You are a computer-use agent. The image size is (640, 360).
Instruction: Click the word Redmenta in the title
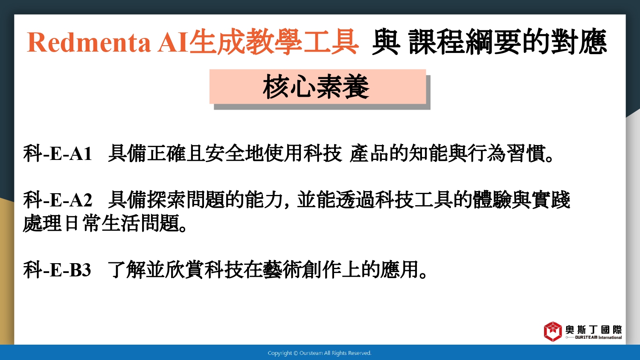89,42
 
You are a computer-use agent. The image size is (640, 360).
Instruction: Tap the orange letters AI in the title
173,42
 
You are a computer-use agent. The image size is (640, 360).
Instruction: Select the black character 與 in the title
386,42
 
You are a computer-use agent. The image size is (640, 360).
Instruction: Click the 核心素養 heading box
318,87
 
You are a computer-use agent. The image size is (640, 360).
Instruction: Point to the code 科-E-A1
58,154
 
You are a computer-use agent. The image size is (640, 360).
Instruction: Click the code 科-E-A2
58,200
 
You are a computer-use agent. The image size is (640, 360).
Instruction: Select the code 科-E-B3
57,270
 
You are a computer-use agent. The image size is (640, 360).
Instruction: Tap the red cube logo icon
553,331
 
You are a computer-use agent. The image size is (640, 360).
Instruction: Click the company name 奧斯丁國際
594,329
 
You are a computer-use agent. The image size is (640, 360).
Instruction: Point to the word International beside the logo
610,337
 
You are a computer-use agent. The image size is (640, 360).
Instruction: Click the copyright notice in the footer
320,353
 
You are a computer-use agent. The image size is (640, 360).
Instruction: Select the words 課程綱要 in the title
465,42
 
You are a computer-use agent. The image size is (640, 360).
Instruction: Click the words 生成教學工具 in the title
274,42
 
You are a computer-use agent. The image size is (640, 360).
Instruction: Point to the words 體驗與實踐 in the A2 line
522,200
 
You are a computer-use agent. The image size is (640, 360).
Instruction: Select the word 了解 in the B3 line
127,270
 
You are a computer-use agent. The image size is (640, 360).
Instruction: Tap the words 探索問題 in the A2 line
186,200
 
